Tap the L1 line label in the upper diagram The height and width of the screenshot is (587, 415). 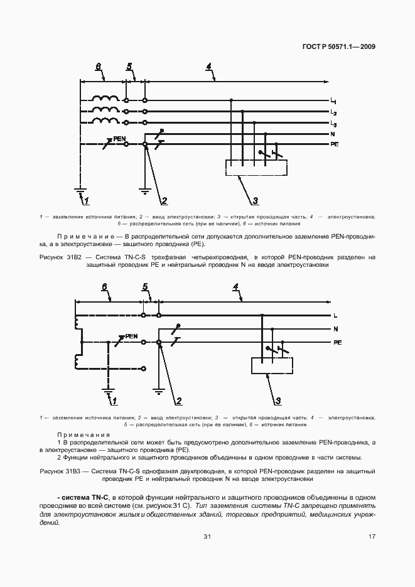coord(333,102)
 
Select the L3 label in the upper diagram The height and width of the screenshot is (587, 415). coord(333,124)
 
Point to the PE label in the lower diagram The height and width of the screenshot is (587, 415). coord(337,343)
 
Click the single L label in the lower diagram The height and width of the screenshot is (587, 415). coord(335,315)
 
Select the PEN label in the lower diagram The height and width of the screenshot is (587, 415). coord(131,336)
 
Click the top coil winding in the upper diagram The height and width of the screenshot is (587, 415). coord(104,99)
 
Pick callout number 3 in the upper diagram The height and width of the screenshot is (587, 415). coord(256,201)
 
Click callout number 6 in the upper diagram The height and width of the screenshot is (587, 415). coord(98,67)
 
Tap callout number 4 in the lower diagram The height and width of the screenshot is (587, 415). coord(235,287)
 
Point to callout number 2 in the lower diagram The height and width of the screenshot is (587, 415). coord(178,401)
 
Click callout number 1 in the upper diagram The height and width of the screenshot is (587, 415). coord(86,201)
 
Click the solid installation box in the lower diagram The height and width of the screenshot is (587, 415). coord(271,365)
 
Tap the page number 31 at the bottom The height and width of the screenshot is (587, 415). coord(207,536)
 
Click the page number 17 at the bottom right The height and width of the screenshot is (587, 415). coord(372,536)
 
